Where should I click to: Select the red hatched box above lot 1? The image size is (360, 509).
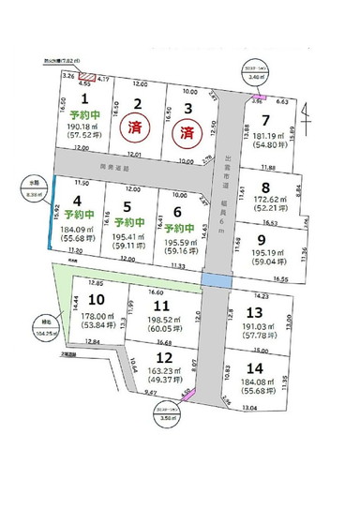point(86,76)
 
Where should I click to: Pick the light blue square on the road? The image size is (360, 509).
point(217,281)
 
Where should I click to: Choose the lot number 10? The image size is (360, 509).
point(94,299)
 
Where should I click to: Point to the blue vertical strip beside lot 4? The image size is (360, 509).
point(53,216)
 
